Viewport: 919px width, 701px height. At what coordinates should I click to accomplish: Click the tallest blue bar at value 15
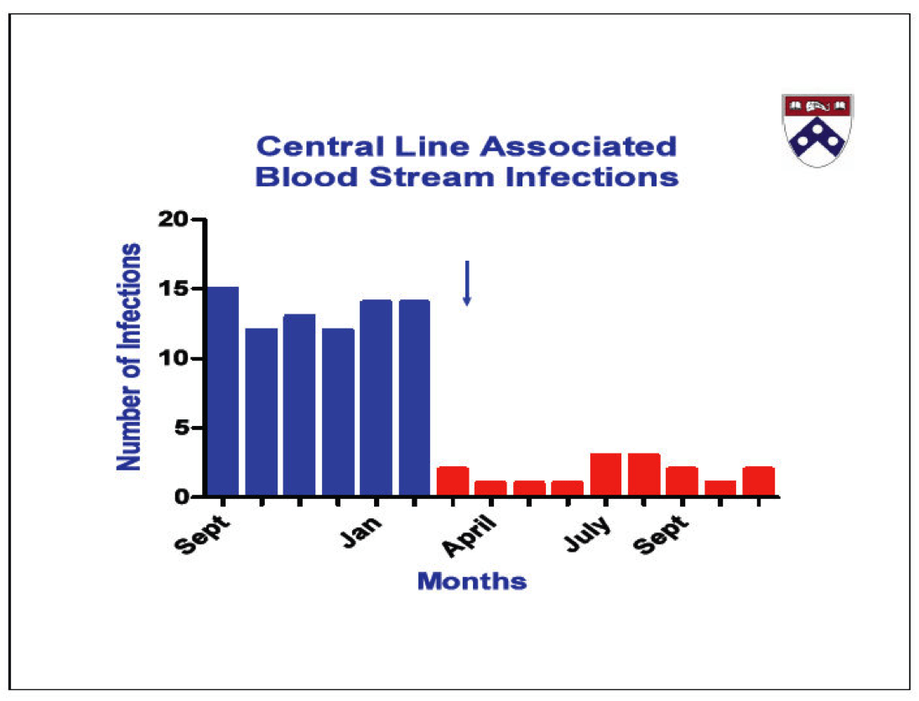[x=223, y=392]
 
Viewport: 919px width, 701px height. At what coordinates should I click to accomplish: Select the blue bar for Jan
[x=376, y=398]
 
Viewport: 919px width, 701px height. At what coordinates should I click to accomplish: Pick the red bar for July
[x=605, y=475]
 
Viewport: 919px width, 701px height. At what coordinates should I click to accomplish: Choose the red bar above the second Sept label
[x=682, y=481]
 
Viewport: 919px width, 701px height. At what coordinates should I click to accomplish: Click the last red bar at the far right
[x=758, y=481]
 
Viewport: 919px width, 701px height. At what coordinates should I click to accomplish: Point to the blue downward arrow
[x=467, y=283]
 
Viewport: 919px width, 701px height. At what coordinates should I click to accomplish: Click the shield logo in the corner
[x=818, y=131]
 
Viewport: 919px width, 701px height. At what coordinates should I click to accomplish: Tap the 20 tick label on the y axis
[x=174, y=219]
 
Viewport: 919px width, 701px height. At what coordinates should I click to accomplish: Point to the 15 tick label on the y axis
[x=174, y=289]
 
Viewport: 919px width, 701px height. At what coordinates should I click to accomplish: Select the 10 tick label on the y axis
[x=174, y=358]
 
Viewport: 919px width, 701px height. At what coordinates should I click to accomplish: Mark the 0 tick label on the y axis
[x=182, y=497]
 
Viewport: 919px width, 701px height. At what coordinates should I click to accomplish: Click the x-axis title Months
[x=472, y=581]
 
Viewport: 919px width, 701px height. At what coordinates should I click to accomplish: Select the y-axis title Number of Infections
[x=129, y=357]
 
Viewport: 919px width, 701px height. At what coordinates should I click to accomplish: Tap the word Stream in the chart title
[x=432, y=177]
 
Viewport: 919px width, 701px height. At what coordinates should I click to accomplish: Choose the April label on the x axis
[x=470, y=536]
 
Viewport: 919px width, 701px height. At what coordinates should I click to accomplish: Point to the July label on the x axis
[x=588, y=533]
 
